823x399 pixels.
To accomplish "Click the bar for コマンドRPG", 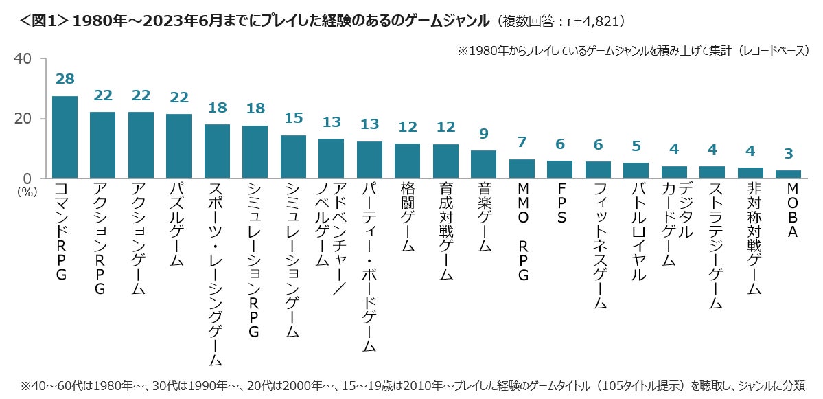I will [65, 137].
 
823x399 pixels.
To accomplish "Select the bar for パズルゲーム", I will [179, 146].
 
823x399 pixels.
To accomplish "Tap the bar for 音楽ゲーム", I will [483, 164].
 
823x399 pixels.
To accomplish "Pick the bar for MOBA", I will [787, 174].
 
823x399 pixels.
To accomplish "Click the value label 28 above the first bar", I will [65, 80].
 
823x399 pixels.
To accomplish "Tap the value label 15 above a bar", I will [293, 118].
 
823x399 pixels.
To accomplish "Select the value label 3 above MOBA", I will [787, 155].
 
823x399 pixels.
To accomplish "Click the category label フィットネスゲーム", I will [598, 244].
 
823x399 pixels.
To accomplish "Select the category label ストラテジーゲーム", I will [712, 244].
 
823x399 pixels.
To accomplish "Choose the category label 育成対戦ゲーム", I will [445, 231].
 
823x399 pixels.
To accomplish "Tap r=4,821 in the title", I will [591, 21].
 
